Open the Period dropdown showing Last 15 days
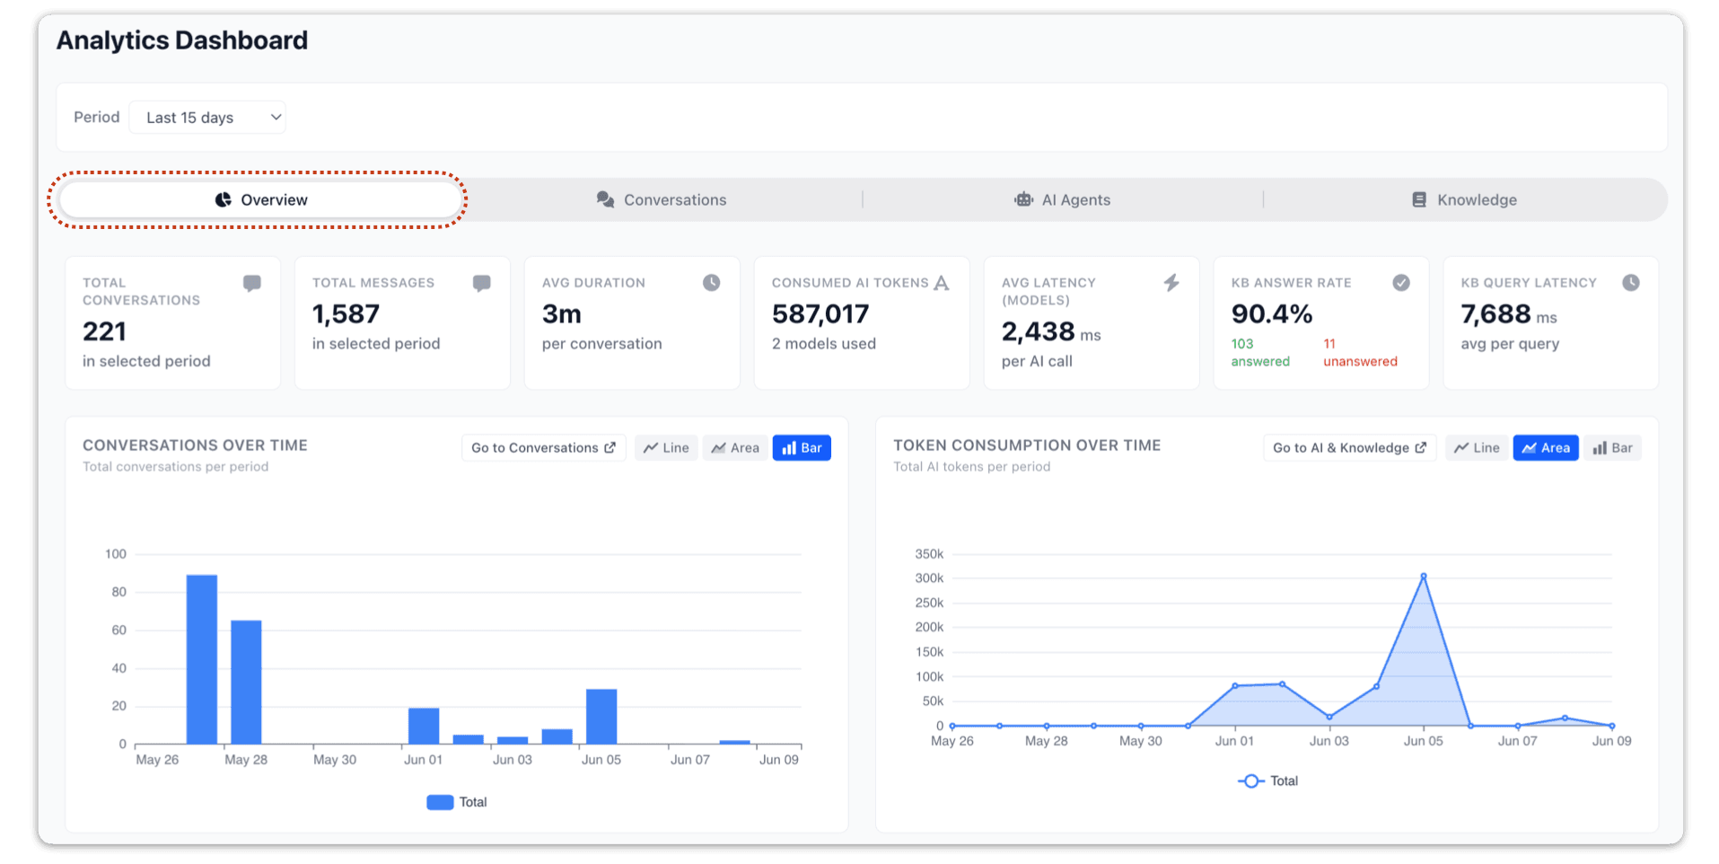point(207,118)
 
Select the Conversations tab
point(662,199)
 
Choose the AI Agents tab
point(1062,199)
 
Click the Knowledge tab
point(1464,199)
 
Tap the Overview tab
point(260,199)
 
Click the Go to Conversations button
point(544,447)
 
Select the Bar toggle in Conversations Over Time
point(802,447)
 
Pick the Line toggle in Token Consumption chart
point(1477,447)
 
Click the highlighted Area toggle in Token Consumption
point(1546,447)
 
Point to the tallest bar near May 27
point(202,659)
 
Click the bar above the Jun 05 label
point(601,716)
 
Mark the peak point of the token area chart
point(1424,576)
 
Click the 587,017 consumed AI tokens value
point(820,313)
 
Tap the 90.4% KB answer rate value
point(1272,313)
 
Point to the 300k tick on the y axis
point(929,578)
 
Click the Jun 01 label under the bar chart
point(424,760)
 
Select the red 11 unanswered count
point(1329,344)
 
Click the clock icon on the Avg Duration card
point(711,283)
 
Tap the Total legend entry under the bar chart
point(457,802)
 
